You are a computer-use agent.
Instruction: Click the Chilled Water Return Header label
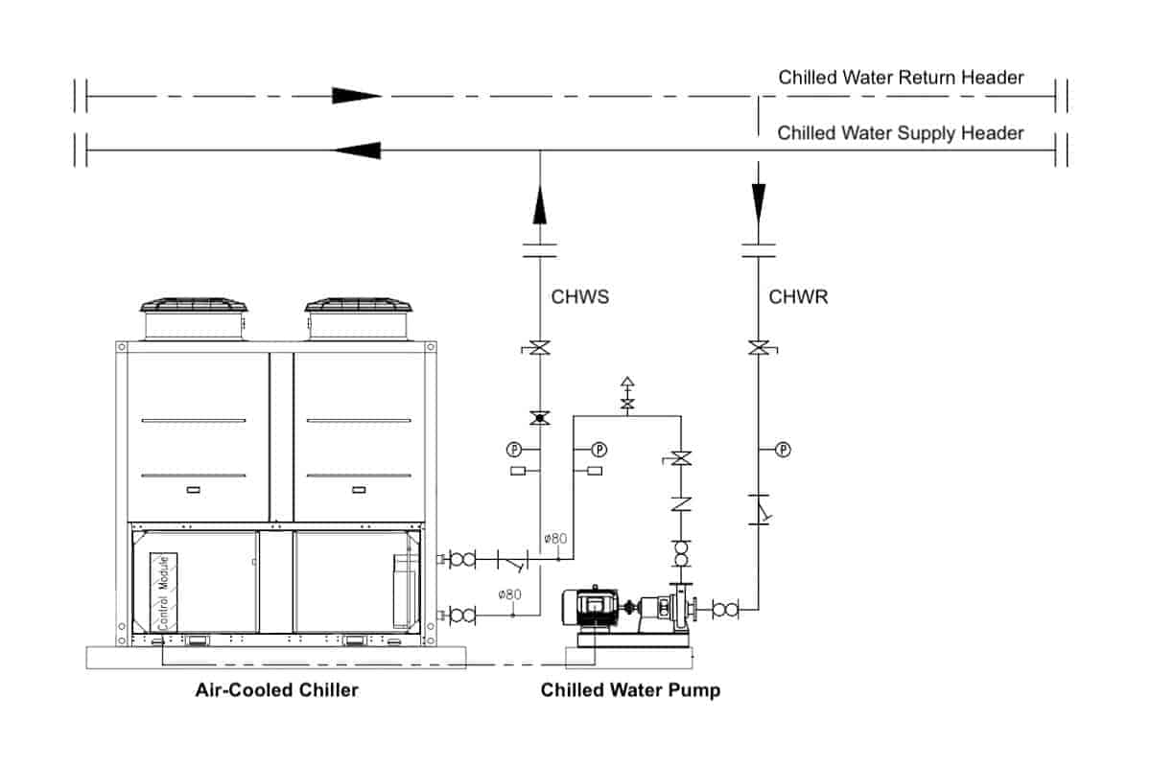tap(901, 78)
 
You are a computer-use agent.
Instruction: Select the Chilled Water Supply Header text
tap(901, 133)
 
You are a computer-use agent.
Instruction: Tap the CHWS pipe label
tap(579, 297)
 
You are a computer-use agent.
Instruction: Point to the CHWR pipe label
tap(798, 297)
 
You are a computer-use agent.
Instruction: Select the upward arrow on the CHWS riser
tap(540, 205)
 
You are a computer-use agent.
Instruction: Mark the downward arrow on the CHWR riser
tap(759, 201)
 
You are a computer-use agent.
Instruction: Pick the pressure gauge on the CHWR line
tap(783, 449)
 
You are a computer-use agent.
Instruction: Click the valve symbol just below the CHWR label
tap(759, 348)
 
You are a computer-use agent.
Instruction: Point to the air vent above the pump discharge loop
tap(627, 393)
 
